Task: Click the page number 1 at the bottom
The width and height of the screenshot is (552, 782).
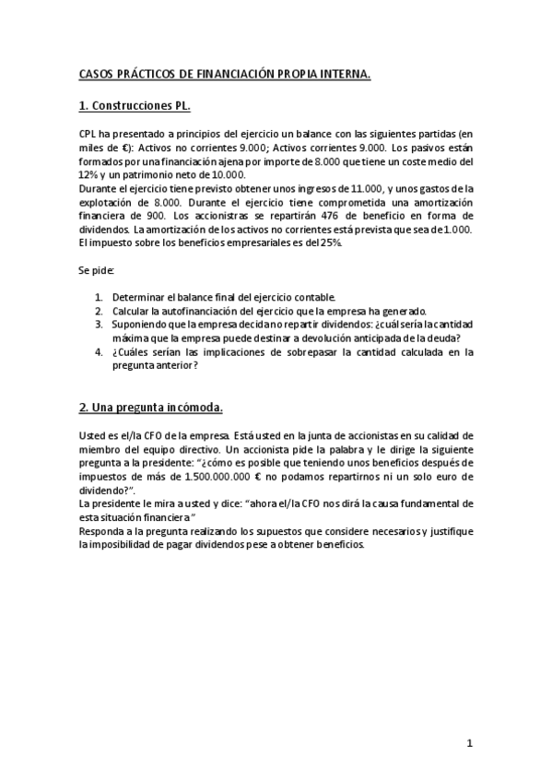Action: (x=469, y=742)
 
